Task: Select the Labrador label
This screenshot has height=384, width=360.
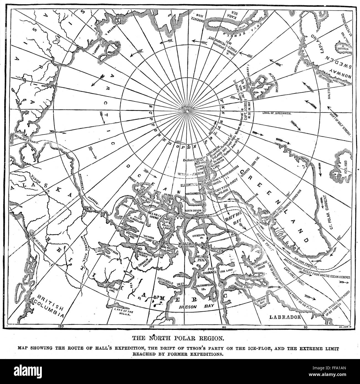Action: coord(286,317)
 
